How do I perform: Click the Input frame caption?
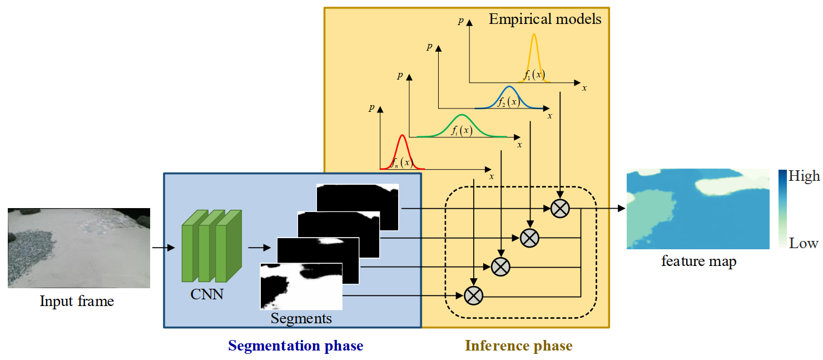pyautogui.click(x=77, y=302)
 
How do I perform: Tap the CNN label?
pyautogui.click(x=207, y=294)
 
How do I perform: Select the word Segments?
pyautogui.click(x=301, y=318)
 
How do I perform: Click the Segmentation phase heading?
pyautogui.click(x=296, y=346)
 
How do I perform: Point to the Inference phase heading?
pyautogui.click(x=519, y=346)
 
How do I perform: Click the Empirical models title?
pyautogui.click(x=545, y=19)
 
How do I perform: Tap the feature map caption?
pyautogui.click(x=699, y=262)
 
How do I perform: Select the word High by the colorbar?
pyautogui.click(x=804, y=176)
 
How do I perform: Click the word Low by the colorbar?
pyautogui.click(x=804, y=244)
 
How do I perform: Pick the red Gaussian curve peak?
pyautogui.click(x=402, y=135)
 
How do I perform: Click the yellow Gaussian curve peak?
pyautogui.click(x=534, y=34)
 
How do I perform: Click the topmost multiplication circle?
pyautogui.click(x=560, y=209)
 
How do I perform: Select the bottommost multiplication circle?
pyautogui.click(x=474, y=295)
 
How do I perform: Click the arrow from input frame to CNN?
pyautogui.click(x=163, y=248)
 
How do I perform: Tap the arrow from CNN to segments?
pyautogui.click(x=259, y=248)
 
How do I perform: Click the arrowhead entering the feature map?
pyautogui.click(x=622, y=209)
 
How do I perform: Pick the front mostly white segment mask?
pyautogui.click(x=301, y=287)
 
